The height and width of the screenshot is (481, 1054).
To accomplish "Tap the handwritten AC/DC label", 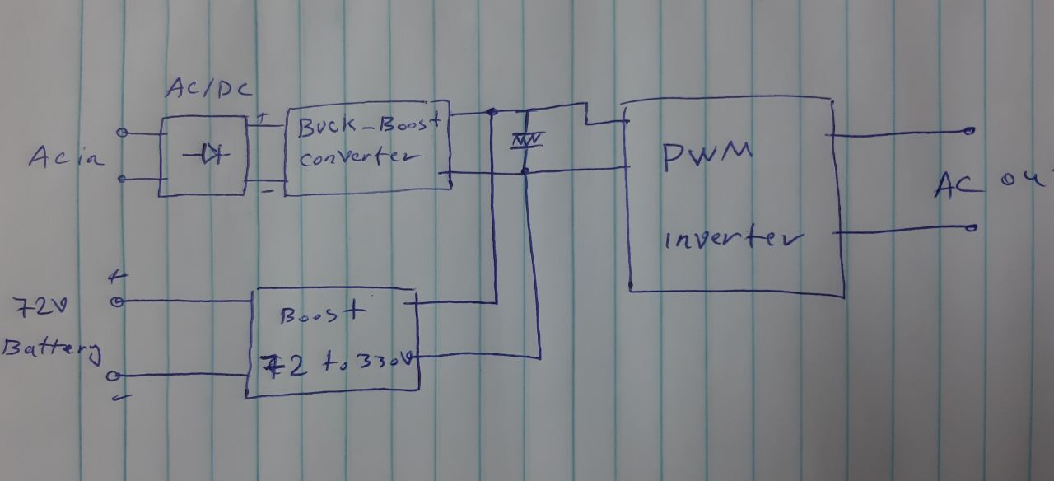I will click(208, 90).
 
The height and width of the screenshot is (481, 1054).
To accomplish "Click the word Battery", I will click(51, 349).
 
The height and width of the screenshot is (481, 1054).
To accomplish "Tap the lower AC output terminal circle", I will click(972, 227).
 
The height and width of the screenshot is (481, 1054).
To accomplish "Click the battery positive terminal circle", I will click(116, 302).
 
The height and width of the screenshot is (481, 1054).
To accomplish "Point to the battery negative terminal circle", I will click(114, 376).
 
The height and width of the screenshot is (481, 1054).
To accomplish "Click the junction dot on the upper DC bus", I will click(492, 111).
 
